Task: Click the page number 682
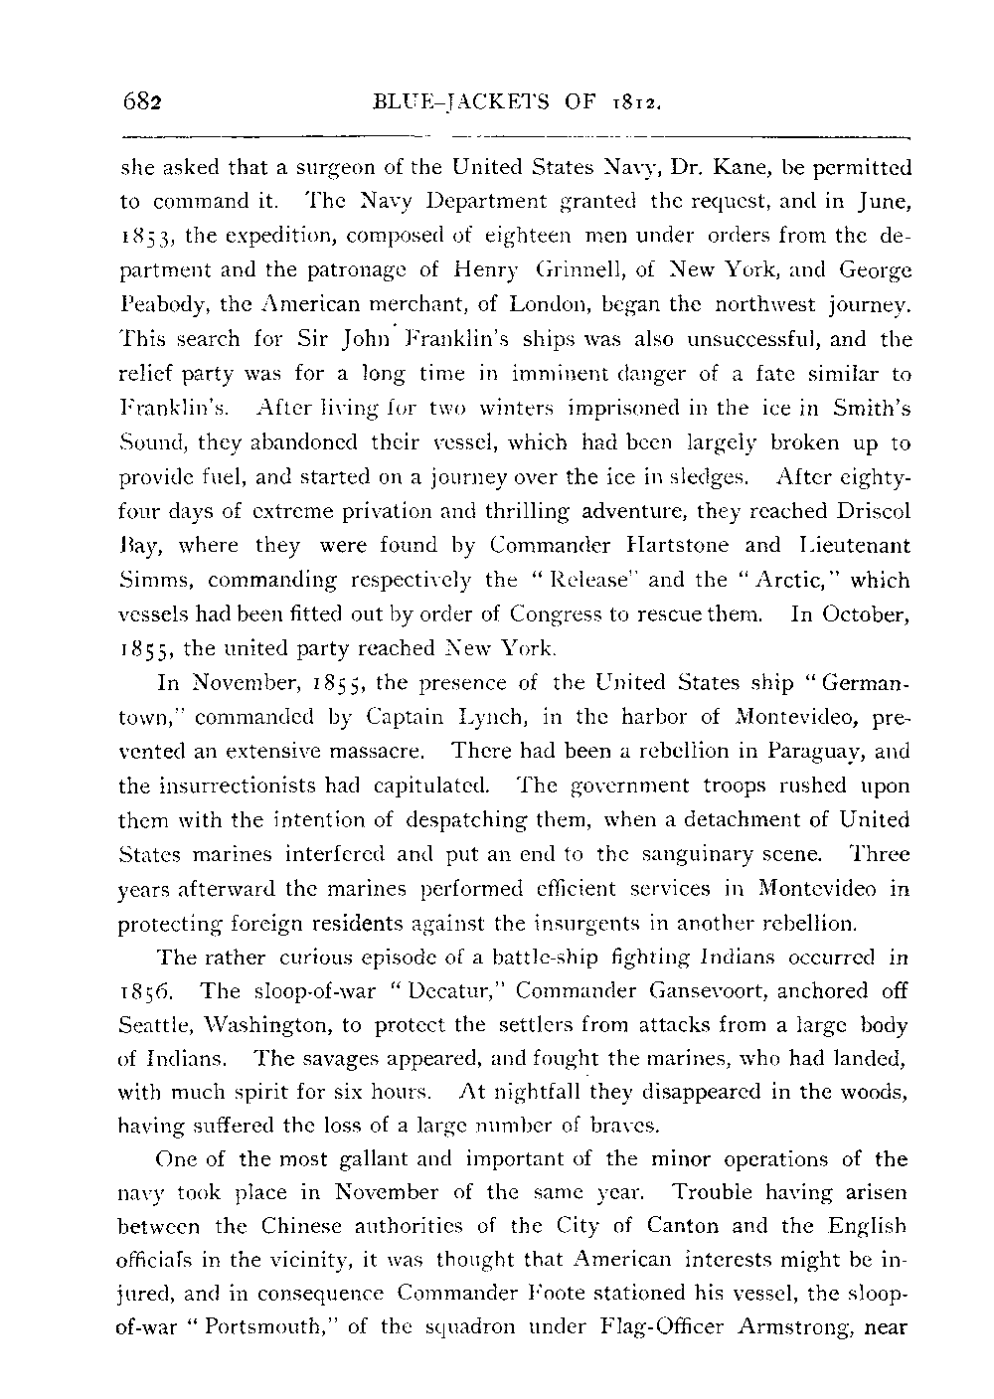tap(142, 101)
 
